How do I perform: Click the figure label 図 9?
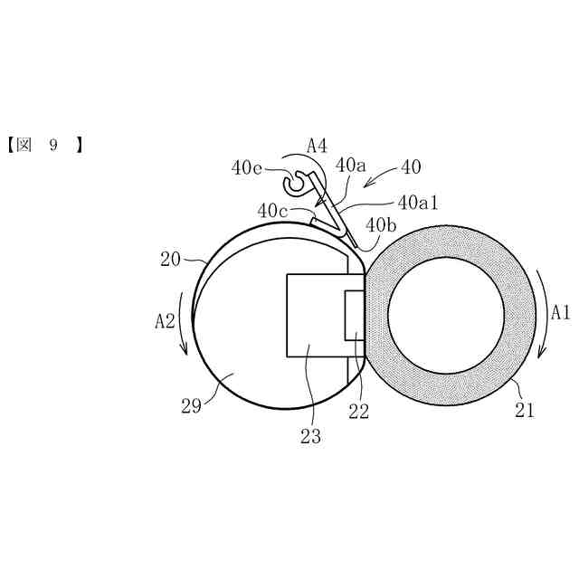click(x=44, y=145)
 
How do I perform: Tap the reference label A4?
click(x=317, y=145)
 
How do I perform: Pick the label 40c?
click(x=272, y=211)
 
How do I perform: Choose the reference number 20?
click(x=171, y=259)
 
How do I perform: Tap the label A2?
click(x=166, y=319)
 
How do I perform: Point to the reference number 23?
click(x=311, y=436)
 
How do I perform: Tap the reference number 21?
click(x=526, y=411)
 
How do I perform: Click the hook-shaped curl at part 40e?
click(x=294, y=185)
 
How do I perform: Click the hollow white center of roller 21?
click(x=446, y=315)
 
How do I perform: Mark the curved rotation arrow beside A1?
click(x=542, y=312)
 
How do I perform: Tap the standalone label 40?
click(x=410, y=167)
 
